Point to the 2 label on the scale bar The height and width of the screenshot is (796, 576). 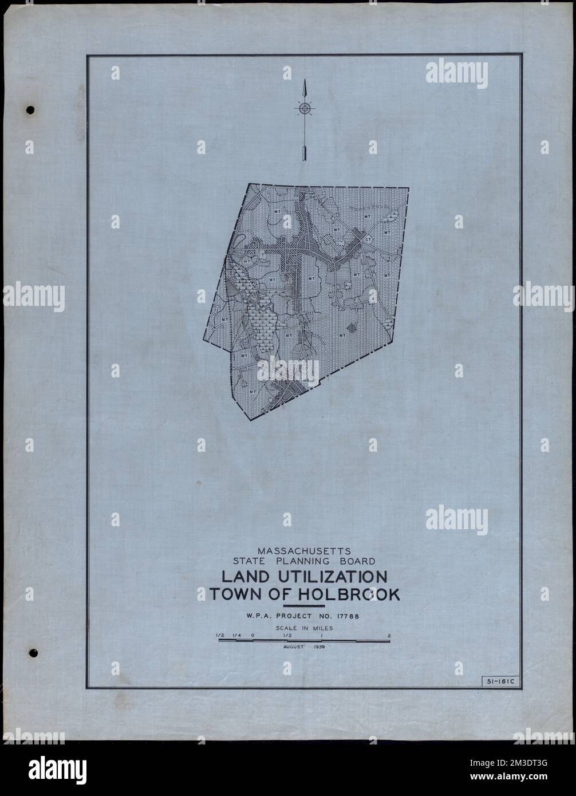(389, 635)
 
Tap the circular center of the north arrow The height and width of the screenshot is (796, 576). (305, 108)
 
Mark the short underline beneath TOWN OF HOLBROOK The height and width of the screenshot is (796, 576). (304, 606)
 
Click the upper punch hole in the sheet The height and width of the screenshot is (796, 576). (31, 109)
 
